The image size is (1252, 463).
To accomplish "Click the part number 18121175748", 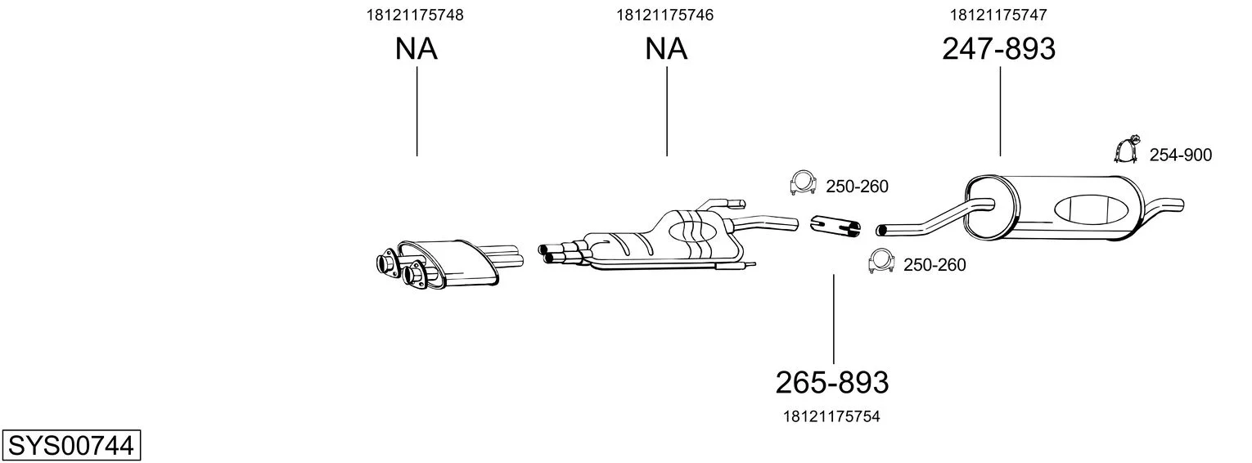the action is pos(415,15).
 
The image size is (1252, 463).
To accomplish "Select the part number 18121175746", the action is pos(664,15).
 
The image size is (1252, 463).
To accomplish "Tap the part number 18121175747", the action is pos(998,15).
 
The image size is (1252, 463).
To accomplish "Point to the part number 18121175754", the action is pos(831,416).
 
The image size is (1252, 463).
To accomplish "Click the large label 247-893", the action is pos(999,48).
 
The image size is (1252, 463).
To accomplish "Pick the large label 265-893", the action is pos(831,383).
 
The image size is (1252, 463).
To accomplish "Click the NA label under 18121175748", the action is pos(417,48).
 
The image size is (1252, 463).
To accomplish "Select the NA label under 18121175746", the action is pos(666,48).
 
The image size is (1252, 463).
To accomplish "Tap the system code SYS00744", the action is pos(71,446).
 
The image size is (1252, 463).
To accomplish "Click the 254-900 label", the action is pos(1181,155).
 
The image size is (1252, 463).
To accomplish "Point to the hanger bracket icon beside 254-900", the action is pos(1127,150).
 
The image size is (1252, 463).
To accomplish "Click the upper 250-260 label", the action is pos(857,187).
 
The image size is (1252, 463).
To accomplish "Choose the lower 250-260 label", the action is pos(934,265).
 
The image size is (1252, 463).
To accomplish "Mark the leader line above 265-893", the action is pos(833,319).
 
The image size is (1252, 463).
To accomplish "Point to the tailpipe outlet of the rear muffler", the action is pos(1173,205).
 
